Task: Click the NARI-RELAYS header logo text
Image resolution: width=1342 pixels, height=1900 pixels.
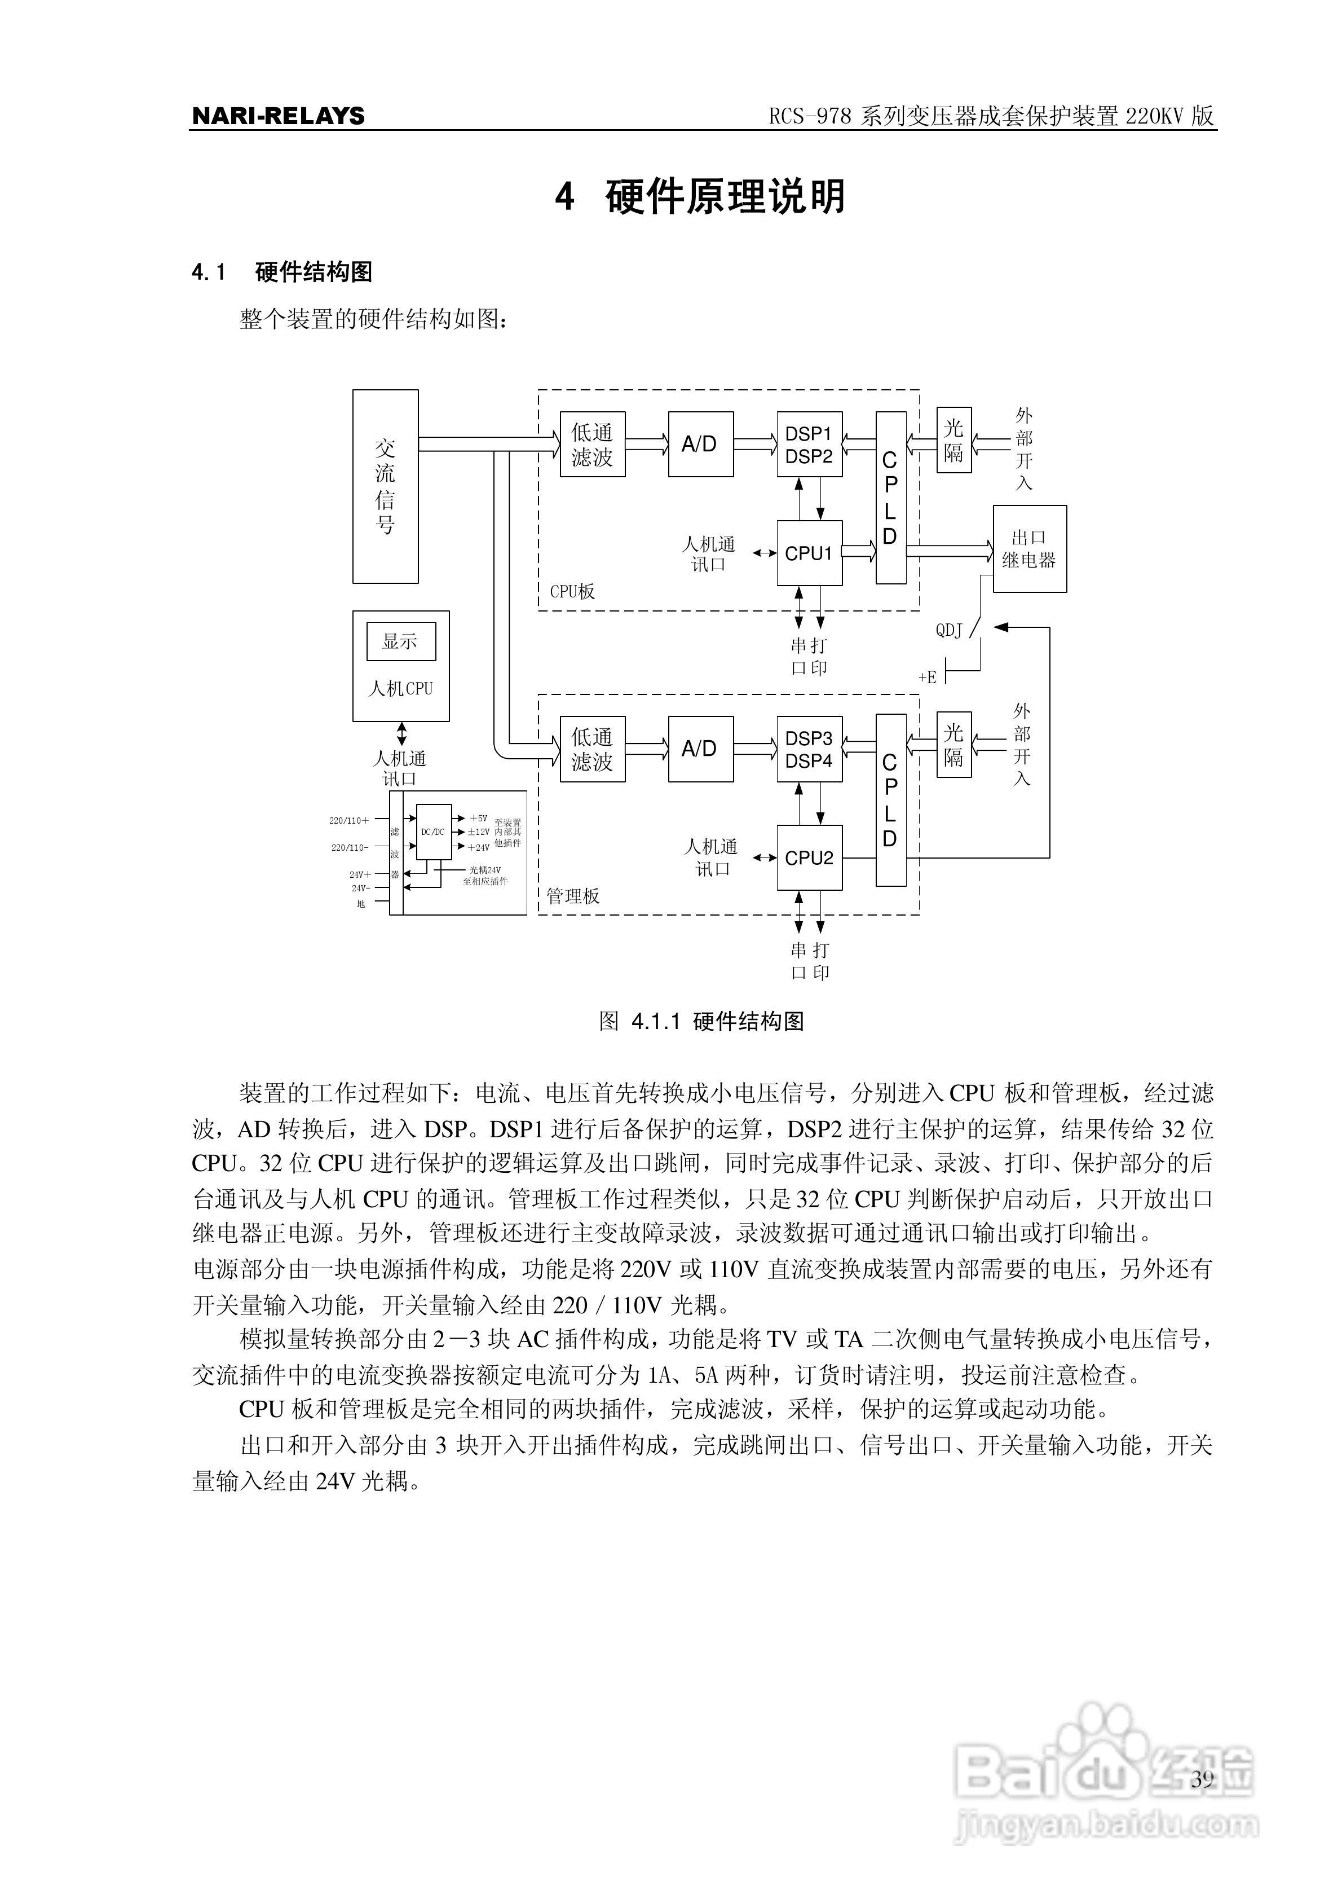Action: pos(278,116)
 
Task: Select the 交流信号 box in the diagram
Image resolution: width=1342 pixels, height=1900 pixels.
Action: pos(386,487)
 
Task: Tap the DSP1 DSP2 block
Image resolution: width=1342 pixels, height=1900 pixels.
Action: pos(809,445)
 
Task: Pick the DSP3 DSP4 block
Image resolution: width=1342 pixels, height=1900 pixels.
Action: pos(809,749)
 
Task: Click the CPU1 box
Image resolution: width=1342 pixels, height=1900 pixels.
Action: pos(809,553)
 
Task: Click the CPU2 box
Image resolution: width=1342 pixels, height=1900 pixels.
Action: pos(809,858)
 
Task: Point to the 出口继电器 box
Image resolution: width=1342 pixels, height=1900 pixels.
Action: pos(1029,549)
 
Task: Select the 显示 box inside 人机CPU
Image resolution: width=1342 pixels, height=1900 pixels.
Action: pos(400,641)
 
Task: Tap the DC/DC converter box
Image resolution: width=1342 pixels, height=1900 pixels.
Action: pos(434,832)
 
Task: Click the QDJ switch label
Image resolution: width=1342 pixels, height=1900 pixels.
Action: pos(949,631)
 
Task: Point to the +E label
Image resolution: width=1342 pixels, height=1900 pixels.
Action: pos(928,677)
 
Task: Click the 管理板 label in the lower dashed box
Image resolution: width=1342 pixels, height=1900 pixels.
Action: pos(572,896)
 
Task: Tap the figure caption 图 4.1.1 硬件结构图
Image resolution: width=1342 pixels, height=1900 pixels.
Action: pos(701,1021)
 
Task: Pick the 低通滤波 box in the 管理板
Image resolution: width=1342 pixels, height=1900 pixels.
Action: pos(593,749)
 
